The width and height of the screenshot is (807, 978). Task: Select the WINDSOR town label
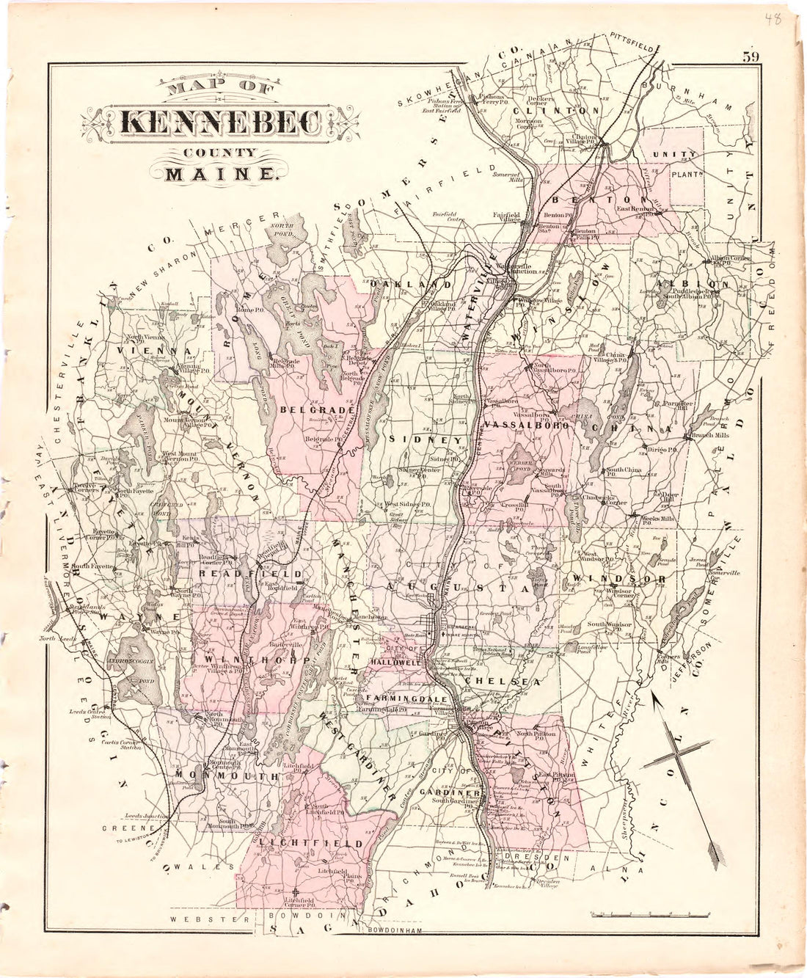pyautogui.click(x=619, y=580)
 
